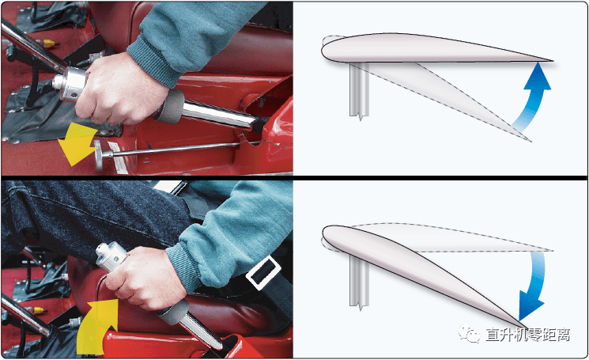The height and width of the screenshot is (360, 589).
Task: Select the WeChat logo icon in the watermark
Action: pos(468,333)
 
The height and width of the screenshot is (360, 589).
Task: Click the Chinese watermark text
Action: pos(528,334)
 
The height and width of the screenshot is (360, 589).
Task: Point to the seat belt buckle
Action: pos(264,272)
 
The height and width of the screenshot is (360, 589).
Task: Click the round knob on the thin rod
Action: pos(98,155)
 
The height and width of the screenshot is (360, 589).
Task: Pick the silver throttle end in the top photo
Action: pos(69,84)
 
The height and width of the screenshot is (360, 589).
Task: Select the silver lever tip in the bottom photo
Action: pos(111,256)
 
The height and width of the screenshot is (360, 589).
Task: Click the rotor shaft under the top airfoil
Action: pos(360,90)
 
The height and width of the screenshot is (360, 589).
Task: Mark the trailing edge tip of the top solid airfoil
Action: pos(553,60)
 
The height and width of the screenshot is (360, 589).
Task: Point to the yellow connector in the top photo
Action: pos(49,44)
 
